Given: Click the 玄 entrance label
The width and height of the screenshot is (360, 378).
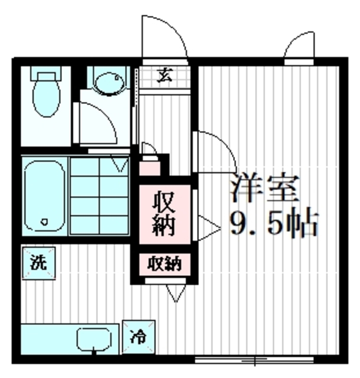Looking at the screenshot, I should click(x=165, y=75).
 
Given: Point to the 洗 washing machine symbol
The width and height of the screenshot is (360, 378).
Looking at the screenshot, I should click(x=38, y=262).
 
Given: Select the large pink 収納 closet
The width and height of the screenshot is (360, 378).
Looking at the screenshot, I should click(x=165, y=214).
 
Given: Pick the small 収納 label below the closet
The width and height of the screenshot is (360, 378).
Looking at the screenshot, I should click(x=165, y=263).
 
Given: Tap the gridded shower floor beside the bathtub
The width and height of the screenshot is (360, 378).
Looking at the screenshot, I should click(x=99, y=195).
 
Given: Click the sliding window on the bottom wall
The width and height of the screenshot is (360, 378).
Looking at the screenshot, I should click(x=254, y=359).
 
